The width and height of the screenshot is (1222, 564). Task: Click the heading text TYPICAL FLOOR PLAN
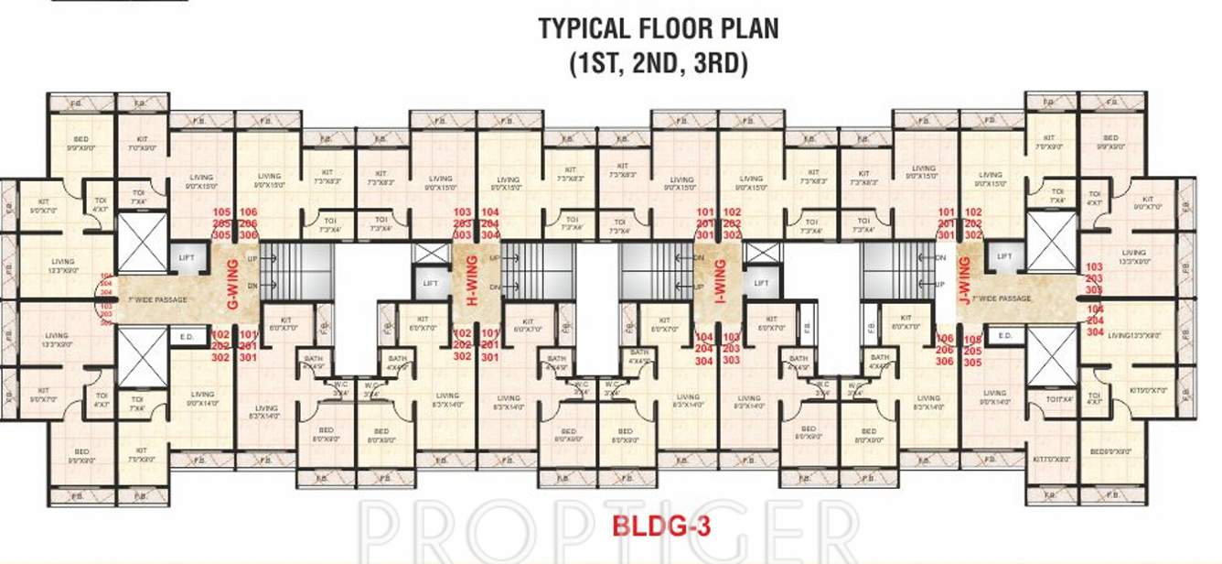[658, 28]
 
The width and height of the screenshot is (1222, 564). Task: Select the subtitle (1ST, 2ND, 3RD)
[658, 63]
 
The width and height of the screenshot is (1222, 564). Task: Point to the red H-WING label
[473, 285]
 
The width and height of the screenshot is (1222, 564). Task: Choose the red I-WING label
[719, 284]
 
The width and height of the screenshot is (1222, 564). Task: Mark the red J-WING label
[963, 283]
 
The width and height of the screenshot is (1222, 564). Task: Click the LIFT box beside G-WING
[188, 261]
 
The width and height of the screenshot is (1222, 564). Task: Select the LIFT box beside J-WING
[1003, 258]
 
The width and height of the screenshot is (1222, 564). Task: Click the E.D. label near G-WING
[187, 336]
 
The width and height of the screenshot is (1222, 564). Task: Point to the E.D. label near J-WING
[1004, 336]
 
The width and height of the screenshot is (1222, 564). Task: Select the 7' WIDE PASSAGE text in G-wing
[161, 299]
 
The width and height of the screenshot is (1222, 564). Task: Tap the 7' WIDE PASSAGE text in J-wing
[1002, 298]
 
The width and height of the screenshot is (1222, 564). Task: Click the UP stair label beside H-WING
[495, 259]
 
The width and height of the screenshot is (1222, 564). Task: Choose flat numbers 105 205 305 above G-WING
[220, 222]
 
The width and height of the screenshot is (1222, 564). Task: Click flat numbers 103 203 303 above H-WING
[462, 222]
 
